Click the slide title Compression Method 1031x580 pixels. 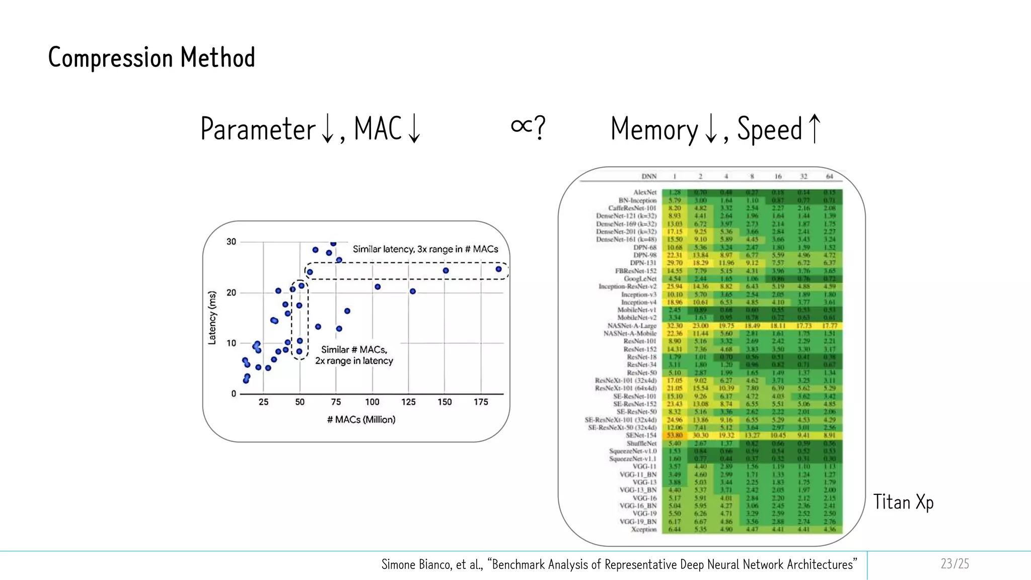[x=151, y=57]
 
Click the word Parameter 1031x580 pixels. [x=257, y=129]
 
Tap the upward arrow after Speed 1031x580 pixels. [x=814, y=129]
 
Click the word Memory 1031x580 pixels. [x=654, y=129]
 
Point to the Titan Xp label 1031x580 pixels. [x=903, y=502]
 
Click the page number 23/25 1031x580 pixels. [x=954, y=563]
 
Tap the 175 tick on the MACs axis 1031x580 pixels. [x=481, y=402]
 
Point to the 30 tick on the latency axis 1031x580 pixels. [x=231, y=242]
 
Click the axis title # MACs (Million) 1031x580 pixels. [x=361, y=419]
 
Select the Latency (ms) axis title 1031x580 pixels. [x=212, y=318]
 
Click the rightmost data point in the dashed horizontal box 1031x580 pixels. [x=498, y=269]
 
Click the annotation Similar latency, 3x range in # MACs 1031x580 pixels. [x=425, y=249]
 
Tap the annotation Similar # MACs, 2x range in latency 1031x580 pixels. [x=354, y=355]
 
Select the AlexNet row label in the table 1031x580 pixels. [x=645, y=192]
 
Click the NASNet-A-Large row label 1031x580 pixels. [x=632, y=326]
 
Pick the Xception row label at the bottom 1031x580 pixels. [x=644, y=529]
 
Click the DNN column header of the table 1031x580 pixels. [x=649, y=176]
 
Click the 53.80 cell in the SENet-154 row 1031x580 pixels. [x=675, y=436]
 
